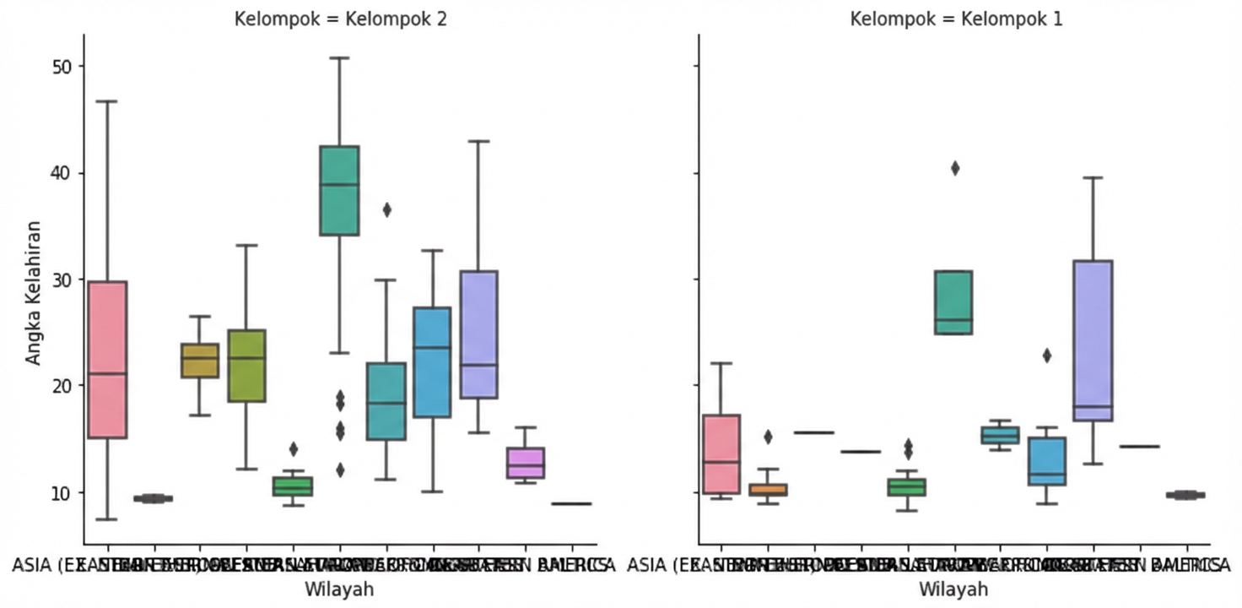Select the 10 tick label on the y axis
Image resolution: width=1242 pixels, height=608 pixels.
(60, 492)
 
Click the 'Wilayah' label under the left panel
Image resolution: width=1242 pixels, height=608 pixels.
(340, 589)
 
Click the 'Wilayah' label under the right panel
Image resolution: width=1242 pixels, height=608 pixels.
(953, 589)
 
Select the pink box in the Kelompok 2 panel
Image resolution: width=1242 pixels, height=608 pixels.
(108, 359)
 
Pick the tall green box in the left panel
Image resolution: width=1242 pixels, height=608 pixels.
(339, 190)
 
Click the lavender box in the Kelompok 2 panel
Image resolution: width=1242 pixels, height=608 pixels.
(478, 334)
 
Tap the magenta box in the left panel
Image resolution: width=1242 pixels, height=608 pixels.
(525, 463)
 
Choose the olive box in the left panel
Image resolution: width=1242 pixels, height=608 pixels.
(246, 366)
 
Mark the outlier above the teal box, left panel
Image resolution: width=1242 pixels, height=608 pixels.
(386, 210)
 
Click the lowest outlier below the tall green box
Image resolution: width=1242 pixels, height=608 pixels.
(339, 470)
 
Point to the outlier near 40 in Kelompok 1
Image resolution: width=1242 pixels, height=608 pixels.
(954, 168)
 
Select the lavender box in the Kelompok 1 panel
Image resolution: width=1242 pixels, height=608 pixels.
(1093, 340)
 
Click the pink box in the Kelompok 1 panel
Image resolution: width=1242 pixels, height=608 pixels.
(721, 453)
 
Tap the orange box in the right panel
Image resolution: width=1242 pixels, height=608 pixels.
(768, 489)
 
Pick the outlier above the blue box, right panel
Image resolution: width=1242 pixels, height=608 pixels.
(1047, 356)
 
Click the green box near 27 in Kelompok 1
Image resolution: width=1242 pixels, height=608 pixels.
(953, 302)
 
